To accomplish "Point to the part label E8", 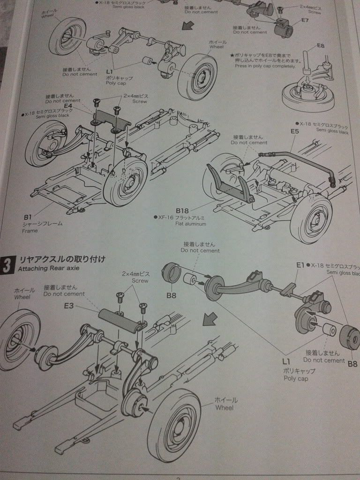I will (x=321, y=45).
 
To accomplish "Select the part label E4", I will (x=68, y=106).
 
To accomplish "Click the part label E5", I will (x=294, y=132).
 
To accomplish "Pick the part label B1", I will (x=28, y=217).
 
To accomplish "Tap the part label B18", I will (x=182, y=210).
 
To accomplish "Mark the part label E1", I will (x=300, y=265).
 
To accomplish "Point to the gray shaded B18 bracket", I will (x=230, y=185).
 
